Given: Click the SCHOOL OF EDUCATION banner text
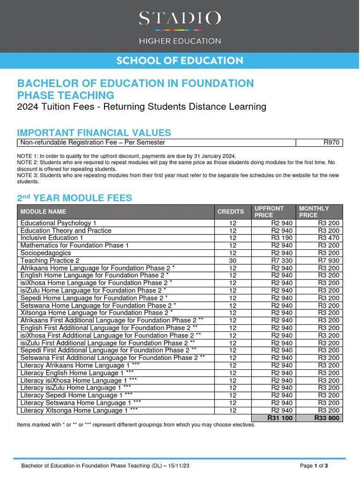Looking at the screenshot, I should (180, 60).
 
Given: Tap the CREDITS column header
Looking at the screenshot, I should (231, 212).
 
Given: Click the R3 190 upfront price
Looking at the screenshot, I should (282, 238).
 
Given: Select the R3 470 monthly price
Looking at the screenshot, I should (329, 238).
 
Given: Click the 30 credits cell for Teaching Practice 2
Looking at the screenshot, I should (233, 261).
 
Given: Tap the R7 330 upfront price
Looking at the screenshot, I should (282, 261).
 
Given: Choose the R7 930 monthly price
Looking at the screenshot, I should (329, 261).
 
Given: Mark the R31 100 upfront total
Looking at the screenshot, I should (280, 418).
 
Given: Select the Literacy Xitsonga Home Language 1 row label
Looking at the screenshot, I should (79, 410).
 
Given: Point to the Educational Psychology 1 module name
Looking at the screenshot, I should (59, 223).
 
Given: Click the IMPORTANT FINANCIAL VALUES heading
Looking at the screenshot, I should (94, 133).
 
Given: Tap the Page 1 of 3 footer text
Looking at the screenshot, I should (314, 466).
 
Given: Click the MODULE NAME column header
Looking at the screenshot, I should (43, 212).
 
